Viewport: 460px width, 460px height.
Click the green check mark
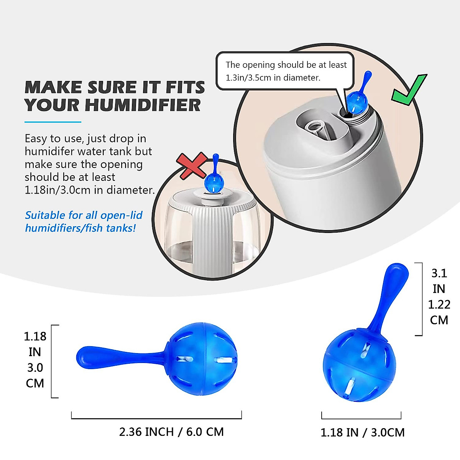(x=409, y=90)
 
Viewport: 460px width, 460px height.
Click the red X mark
(x=193, y=166)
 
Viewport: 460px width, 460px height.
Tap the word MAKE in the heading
(x=53, y=87)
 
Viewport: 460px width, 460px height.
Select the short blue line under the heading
(x=53, y=122)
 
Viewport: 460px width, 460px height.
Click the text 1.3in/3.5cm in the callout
(x=248, y=78)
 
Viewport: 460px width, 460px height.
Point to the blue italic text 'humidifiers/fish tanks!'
(x=80, y=228)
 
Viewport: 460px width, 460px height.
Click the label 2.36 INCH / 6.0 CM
(x=171, y=432)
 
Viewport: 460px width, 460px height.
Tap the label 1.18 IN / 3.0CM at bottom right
(x=362, y=432)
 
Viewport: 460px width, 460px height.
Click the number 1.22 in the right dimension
(x=439, y=304)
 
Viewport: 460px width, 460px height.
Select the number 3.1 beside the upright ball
(x=439, y=273)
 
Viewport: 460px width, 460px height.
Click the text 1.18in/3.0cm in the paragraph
(x=58, y=190)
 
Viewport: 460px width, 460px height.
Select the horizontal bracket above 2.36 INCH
(x=156, y=418)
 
